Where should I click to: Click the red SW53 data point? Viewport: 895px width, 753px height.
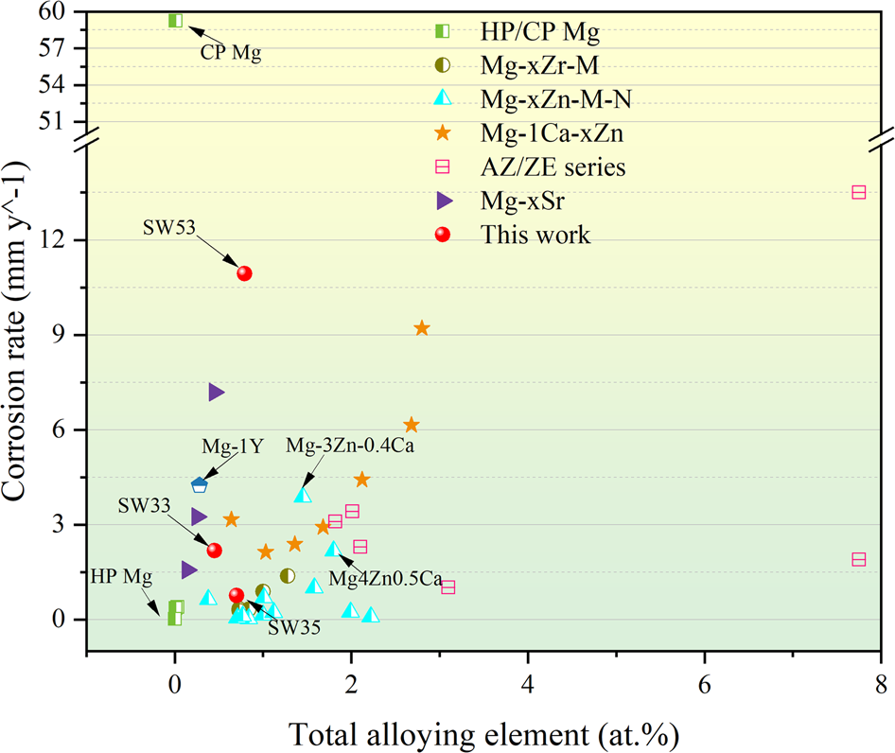point(244,273)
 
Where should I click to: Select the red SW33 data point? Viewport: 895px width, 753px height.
point(214,550)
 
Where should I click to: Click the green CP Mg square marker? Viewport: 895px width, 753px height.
point(175,21)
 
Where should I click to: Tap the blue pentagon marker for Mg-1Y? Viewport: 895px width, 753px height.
point(199,485)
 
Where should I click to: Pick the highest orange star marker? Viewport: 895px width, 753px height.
point(422,328)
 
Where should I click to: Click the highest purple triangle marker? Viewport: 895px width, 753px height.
point(216,392)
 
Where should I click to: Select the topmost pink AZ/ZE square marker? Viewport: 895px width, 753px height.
point(859,192)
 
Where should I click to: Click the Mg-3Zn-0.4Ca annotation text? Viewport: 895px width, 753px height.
point(351,445)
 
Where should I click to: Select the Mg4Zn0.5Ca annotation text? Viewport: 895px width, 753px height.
point(385,578)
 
